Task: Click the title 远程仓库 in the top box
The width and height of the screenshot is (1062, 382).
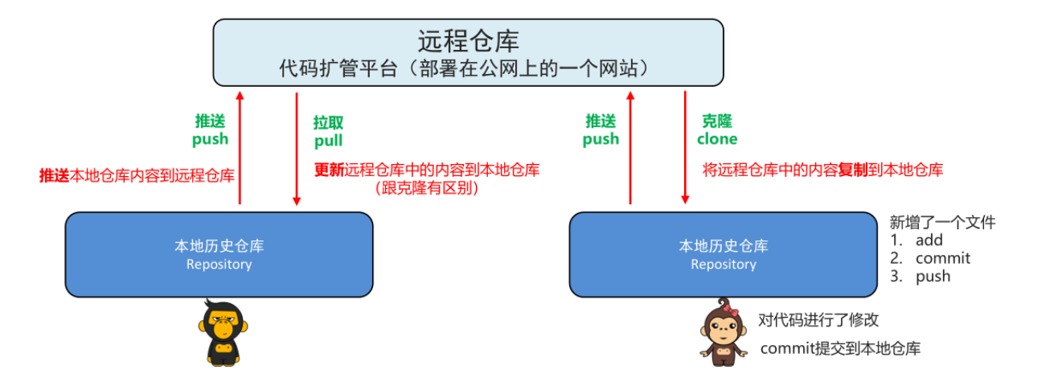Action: [468, 40]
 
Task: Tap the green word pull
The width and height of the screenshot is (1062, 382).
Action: [328, 141]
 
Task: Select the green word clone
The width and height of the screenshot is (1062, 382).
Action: [717, 139]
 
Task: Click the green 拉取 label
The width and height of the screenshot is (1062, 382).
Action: [328, 122]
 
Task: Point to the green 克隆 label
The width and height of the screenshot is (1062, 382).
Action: [717, 121]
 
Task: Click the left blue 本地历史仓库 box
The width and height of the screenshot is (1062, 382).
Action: [219, 254]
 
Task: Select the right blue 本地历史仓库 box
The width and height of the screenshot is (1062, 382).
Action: [723, 254]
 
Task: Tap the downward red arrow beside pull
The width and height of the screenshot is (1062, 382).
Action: [297, 149]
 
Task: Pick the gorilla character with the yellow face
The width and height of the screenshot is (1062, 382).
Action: [218, 331]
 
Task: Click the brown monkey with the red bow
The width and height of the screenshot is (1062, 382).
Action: [721, 332]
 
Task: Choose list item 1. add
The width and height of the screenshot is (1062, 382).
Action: [916, 240]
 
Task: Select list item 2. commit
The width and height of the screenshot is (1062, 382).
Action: [929, 258]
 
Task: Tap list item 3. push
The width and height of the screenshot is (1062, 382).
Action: [920, 277]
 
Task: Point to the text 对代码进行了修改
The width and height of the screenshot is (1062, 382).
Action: [818, 320]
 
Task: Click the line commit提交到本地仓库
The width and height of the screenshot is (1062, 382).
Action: [840, 348]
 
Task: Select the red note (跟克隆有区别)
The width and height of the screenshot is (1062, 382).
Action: [426, 188]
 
